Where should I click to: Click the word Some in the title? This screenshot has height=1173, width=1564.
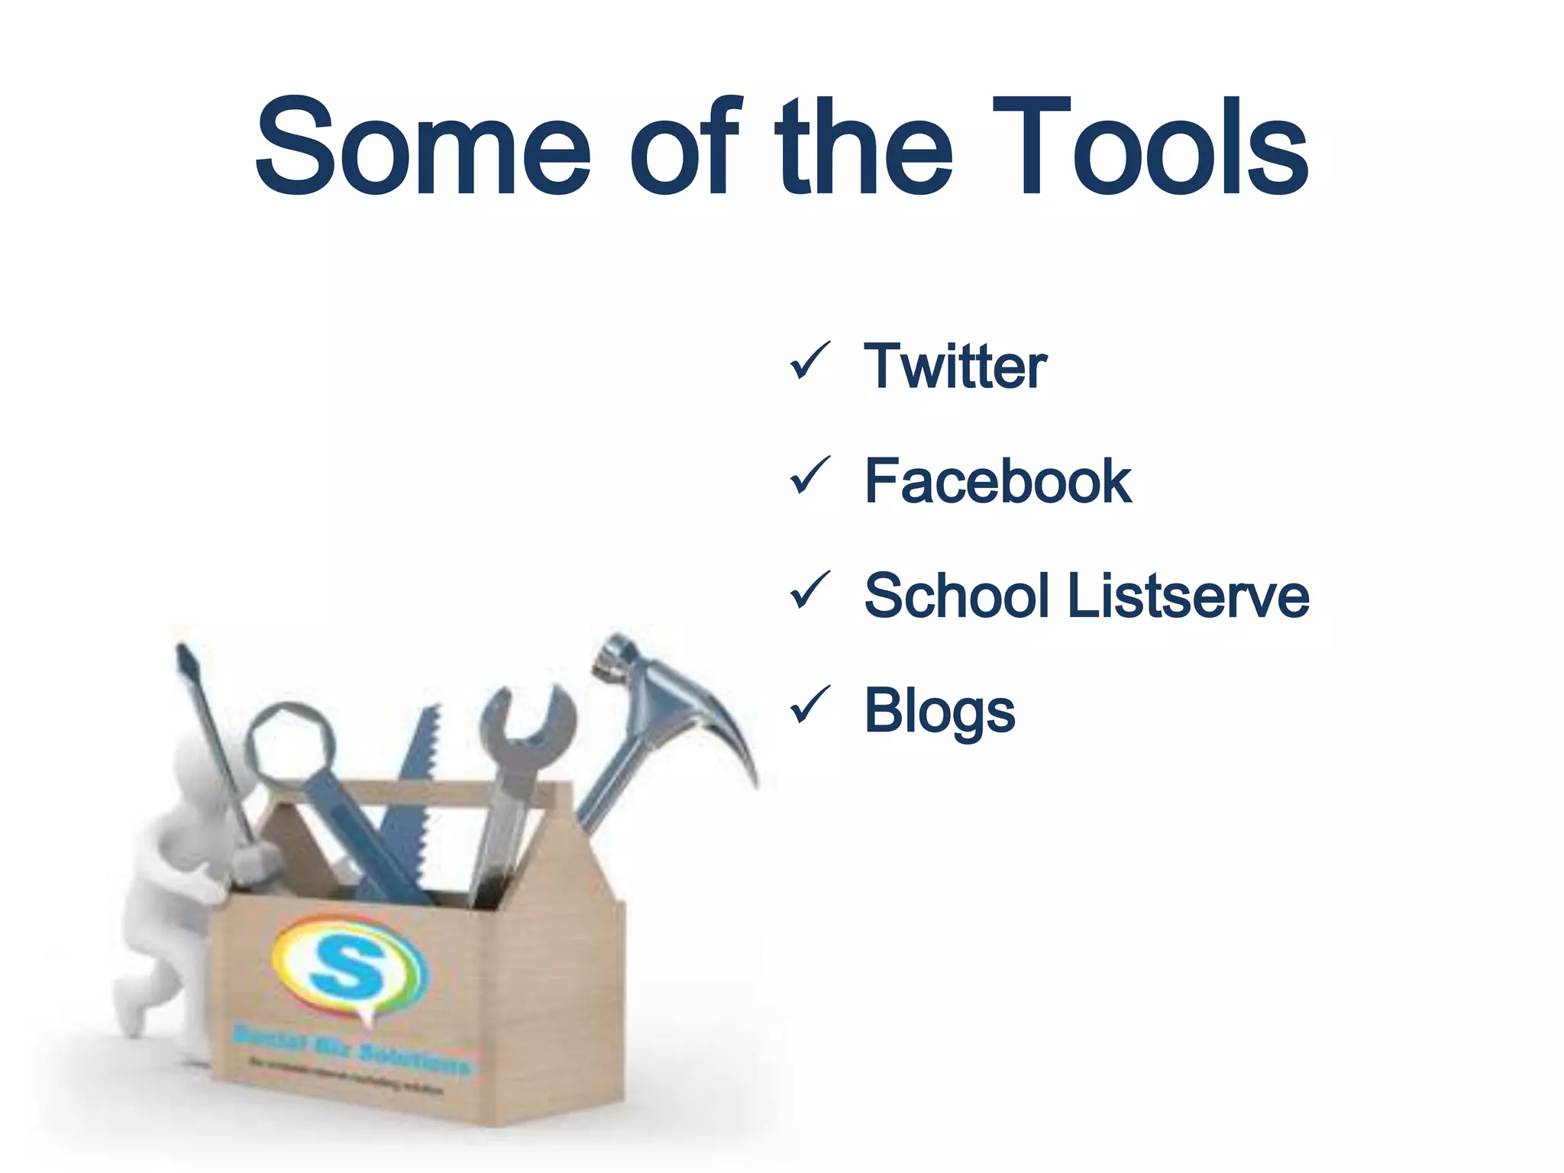tap(422, 147)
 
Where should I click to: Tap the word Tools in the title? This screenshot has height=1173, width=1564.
tap(1151, 147)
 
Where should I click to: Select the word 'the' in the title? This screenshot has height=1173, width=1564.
tap(864, 147)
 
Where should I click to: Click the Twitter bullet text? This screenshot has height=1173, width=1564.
tap(955, 367)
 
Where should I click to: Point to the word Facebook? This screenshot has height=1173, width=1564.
tap(997, 482)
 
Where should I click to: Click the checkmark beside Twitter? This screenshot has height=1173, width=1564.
tap(809, 360)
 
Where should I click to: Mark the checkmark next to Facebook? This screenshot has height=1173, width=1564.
tap(809, 475)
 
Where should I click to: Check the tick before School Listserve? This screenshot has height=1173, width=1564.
tap(809, 590)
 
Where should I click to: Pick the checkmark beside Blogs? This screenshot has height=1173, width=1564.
tap(809, 704)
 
